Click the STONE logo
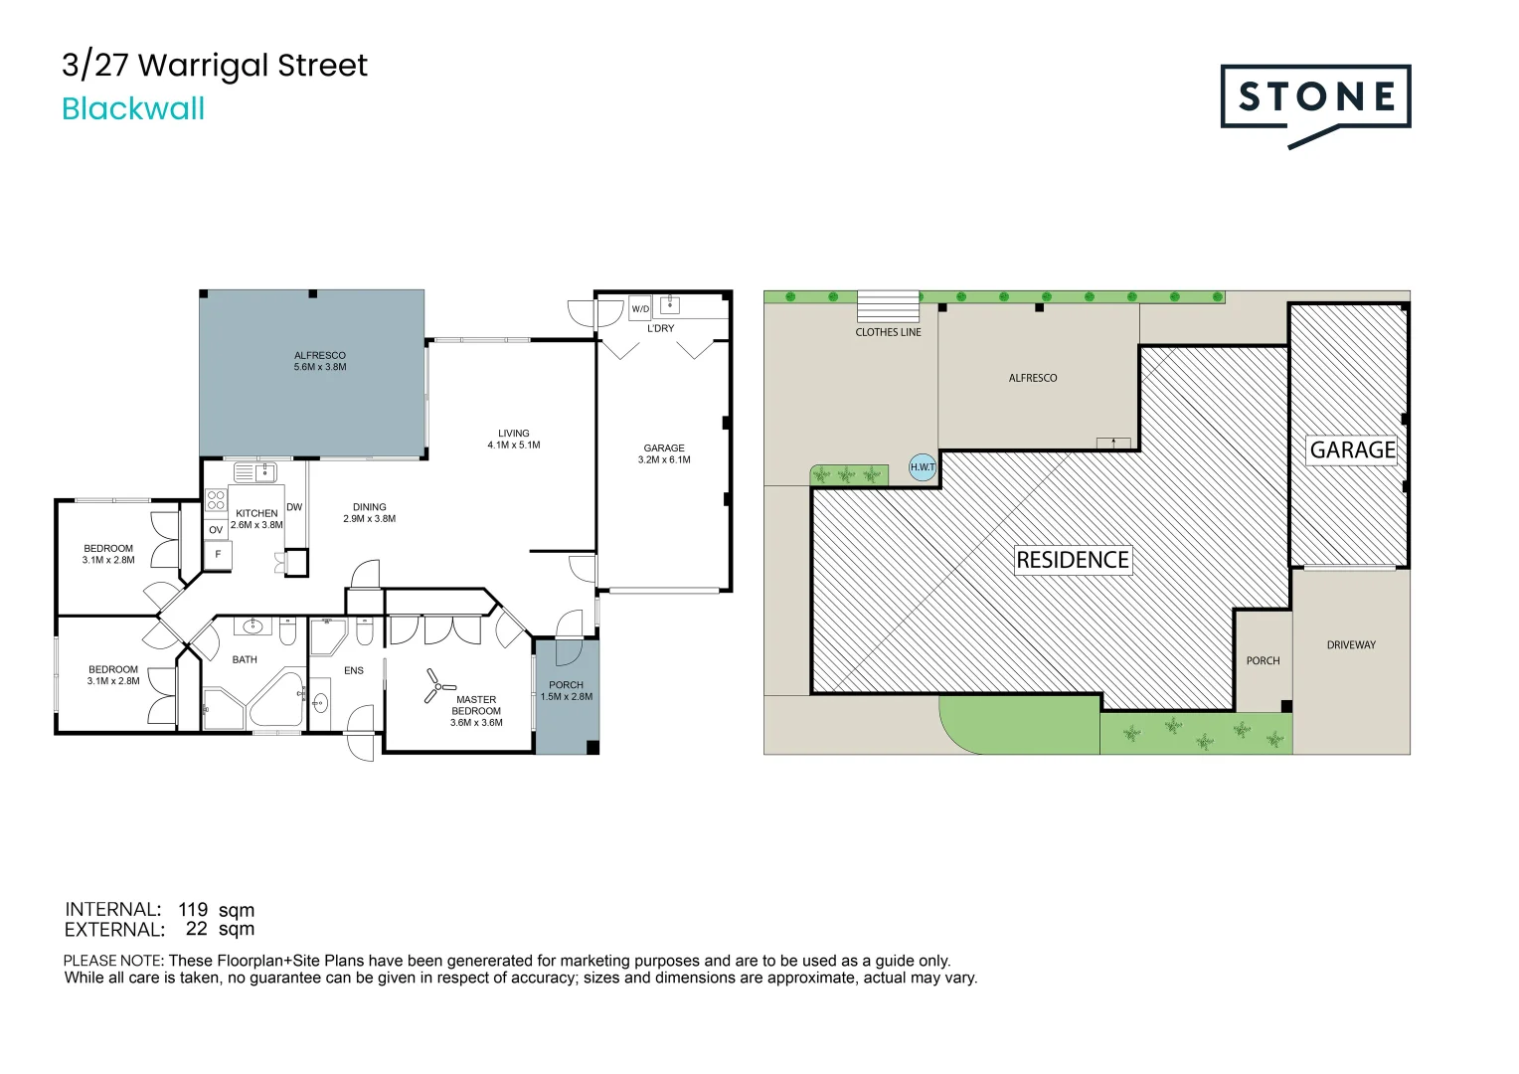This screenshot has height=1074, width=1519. (x=1314, y=97)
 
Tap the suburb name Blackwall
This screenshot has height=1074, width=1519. (x=133, y=108)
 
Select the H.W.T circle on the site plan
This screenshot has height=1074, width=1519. (x=923, y=466)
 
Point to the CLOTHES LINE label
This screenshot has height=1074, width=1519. (x=888, y=332)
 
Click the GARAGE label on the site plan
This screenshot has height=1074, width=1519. (x=1352, y=449)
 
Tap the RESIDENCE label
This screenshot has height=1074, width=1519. (x=1072, y=560)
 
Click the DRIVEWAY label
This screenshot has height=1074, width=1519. (x=1351, y=645)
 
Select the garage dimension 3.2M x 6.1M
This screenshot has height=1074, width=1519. (x=664, y=460)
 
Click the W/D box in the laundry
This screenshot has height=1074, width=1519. (x=640, y=309)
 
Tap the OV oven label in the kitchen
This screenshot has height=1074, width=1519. (x=216, y=530)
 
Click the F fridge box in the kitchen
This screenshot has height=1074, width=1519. (x=218, y=554)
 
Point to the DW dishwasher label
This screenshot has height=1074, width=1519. (x=294, y=507)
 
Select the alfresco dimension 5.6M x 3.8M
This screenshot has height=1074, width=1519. (x=320, y=367)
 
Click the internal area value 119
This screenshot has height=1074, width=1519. (x=193, y=909)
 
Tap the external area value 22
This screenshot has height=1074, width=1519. (x=197, y=929)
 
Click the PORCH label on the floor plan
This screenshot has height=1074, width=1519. (x=566, y=685)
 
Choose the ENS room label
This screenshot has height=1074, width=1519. (x=354, y=671)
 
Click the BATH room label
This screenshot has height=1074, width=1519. (x=245, y=659)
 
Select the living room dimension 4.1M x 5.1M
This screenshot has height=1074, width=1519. (x=514, y=446)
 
